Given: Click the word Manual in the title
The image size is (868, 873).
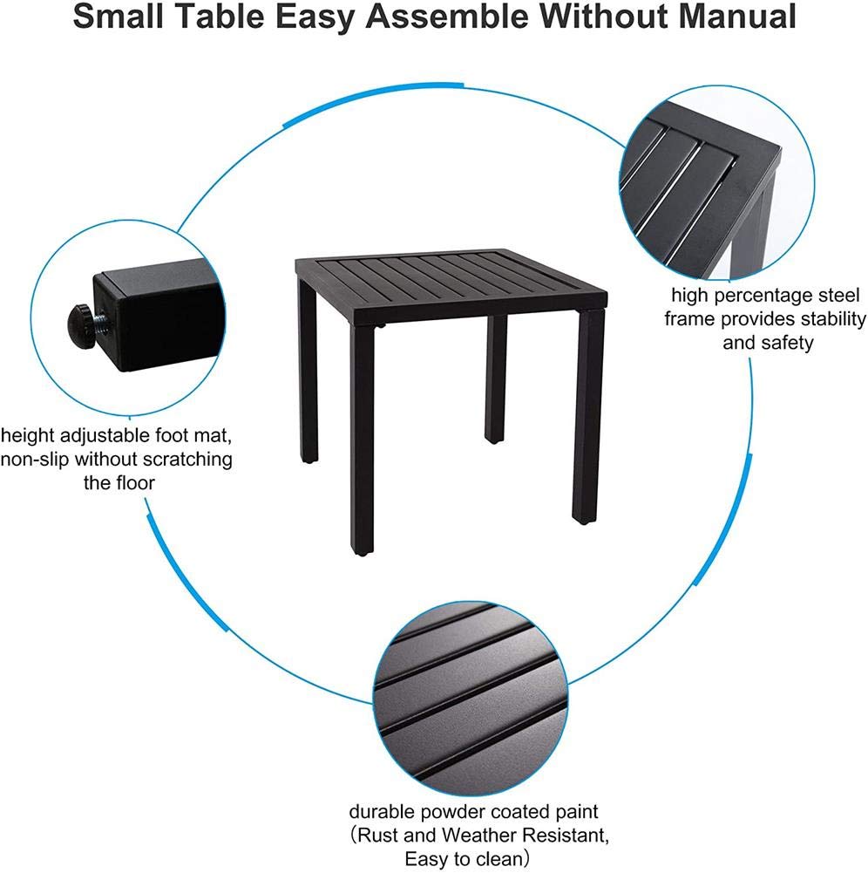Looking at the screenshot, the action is (x=737, y=16).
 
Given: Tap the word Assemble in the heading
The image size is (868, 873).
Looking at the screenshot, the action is (x=447, y=16).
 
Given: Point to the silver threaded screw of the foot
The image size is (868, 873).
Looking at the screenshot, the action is (x=101, y=321).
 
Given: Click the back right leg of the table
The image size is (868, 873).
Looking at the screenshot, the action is (x=496, y=379).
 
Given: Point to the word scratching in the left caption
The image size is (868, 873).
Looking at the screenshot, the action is (x=187, y=460).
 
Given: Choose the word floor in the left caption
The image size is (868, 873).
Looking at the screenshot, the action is (x=136, y=482).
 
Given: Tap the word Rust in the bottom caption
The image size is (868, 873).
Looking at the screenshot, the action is (x=378, y=835).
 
